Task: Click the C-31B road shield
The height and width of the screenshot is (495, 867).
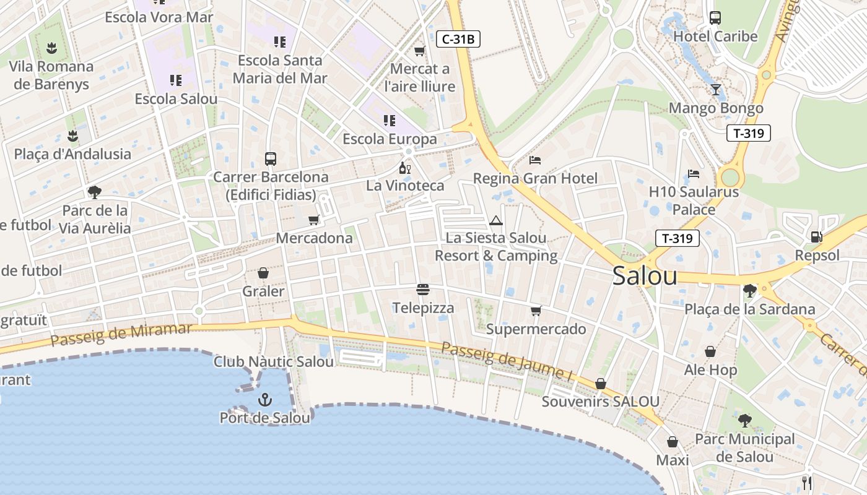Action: coord(458,40)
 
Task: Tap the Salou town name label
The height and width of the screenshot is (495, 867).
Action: coord(645,276)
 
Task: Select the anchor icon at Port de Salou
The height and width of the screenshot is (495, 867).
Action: coord(265,400)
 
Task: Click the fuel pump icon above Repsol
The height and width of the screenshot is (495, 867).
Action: coord(817,236)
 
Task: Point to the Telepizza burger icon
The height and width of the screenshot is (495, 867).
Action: coord(424,289)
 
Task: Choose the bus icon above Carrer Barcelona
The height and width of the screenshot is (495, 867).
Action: coord(271,158)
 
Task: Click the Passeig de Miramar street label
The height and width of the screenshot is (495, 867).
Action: coord(121,335)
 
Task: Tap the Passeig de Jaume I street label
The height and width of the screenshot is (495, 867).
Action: coord(507,361)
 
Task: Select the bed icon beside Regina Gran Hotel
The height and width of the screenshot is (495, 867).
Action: coord(535,160)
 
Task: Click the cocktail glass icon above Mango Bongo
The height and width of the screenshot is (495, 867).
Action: coord(716,90)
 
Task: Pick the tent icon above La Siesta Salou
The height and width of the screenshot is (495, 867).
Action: coord(495,220)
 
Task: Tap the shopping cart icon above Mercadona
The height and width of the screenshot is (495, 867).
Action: coord(314,220)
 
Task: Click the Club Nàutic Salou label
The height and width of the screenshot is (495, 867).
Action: coord(274,361)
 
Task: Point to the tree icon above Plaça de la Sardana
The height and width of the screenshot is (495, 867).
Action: coord(749,290)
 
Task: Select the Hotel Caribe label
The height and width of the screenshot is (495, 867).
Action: coord(715,37)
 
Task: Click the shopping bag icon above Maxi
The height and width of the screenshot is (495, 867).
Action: coord(673,442)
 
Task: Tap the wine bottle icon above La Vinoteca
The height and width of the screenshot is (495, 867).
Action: coord(405,168)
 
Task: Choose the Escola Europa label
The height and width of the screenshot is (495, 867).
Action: coord(390,139)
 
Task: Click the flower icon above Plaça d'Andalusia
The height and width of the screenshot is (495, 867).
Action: coord(73,136)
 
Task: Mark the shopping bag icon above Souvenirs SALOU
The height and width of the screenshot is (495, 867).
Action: coord(600,384)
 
